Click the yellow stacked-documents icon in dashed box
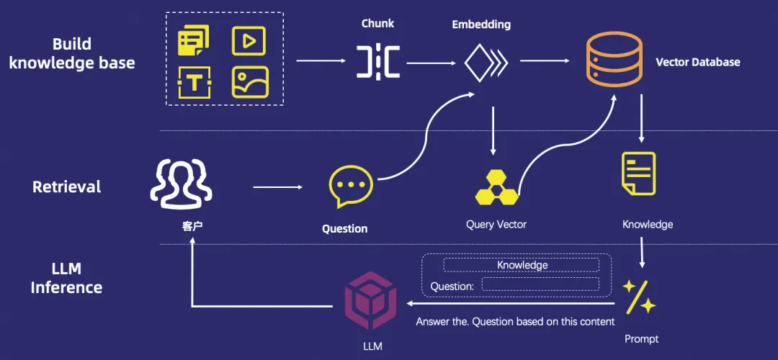pyautogui.click(x=194, y=40)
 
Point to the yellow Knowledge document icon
pyautogui.click(x=638, y=173)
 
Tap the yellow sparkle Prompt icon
pyautogui.click(x=639, y=297)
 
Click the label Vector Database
pyautogui.click(x=697, y=62)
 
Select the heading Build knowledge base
pyautogui.click(x=71, y=53)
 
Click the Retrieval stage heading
pyautogui.click(x=66, y=187)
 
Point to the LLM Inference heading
pyautogui.click(x=66, y=278)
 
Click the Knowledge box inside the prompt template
pyautogui.click(x=522, y=265)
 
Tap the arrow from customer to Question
pyautogui.click(x=278, y=188)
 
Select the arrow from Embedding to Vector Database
pyautogui.click(x=545, y=61)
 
